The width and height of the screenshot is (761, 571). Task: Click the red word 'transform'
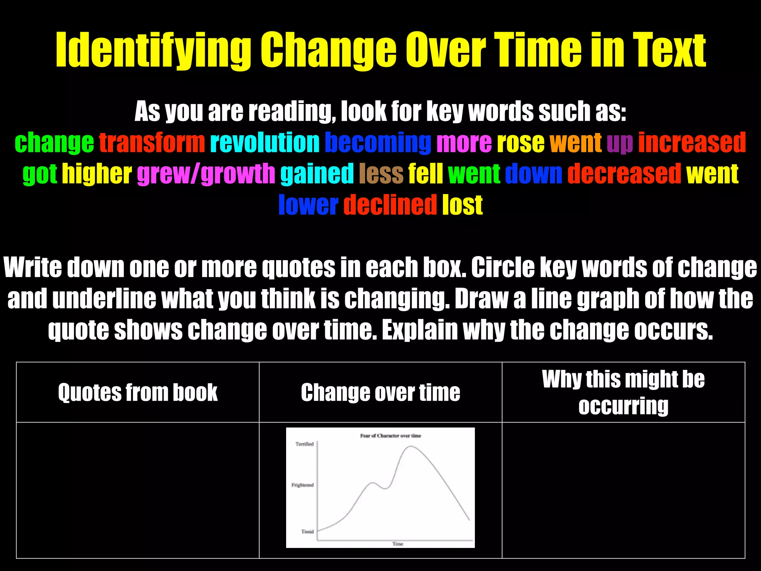click(x=152, y=143)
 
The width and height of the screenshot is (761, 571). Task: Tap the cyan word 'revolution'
click(x=265, y=143)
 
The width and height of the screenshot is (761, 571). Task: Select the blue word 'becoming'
click(x=378, y=143)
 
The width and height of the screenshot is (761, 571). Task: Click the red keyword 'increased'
click(x=692, y=143)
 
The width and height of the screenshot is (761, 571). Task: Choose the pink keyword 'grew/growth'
click(x=206, y=174)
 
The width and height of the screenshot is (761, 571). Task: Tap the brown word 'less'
click(x=381, y=174)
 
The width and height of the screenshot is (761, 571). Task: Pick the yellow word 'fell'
click(x=425, y=174)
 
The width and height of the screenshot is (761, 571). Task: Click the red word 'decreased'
click(x=624, y=174)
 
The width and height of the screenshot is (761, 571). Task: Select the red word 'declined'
click(x=390, y=205)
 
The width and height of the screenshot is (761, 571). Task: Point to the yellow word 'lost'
click(x=462, y=205)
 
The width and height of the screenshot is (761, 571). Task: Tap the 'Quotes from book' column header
click(x=137, y=393)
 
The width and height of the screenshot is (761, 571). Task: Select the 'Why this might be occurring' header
click(x=623, y=392)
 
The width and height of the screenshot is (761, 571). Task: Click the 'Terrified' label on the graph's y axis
click(x=305, y=444)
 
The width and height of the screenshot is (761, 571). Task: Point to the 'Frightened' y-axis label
click(x=302, y=485)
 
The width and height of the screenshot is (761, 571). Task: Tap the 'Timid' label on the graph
click(x=307, y=532)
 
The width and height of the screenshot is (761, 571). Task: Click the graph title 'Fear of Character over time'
click(x=391, y=436)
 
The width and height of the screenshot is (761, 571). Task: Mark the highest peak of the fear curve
click(x=410, y=446)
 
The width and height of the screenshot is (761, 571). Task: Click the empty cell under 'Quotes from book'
click(x=137, y=490)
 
